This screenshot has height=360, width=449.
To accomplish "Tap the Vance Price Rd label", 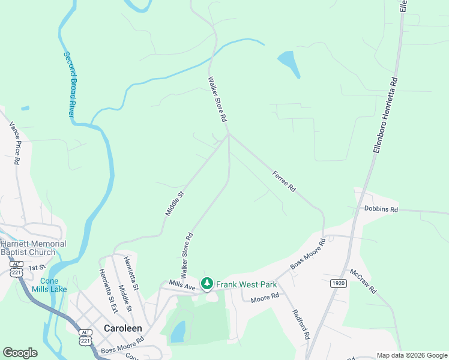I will [x=15, y=143].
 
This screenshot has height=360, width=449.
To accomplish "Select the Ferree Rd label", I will [x=284, y=180].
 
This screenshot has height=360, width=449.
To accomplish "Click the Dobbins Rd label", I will [x=381, y=209].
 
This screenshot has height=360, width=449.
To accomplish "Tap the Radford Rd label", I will [x=300, y=325].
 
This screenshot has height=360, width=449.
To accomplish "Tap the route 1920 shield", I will [x=339, y=283].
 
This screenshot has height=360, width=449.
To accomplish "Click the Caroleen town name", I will [x=122, y=328].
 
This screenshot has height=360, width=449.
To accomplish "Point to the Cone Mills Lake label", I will [x=53, y=285].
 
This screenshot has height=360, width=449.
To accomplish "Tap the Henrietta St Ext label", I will [x=107, y=290].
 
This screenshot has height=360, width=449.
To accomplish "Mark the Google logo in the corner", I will [x=20, y=352].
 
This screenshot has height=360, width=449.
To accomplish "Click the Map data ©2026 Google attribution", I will [x=411, y=355].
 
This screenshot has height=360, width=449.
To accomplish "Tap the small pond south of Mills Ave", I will [x=178, y=332].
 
